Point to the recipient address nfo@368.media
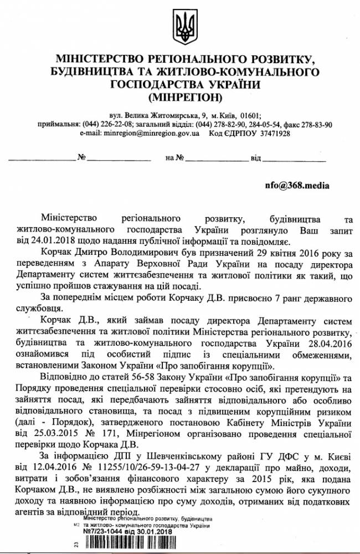pyautogui.click(x=294, y=186)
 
